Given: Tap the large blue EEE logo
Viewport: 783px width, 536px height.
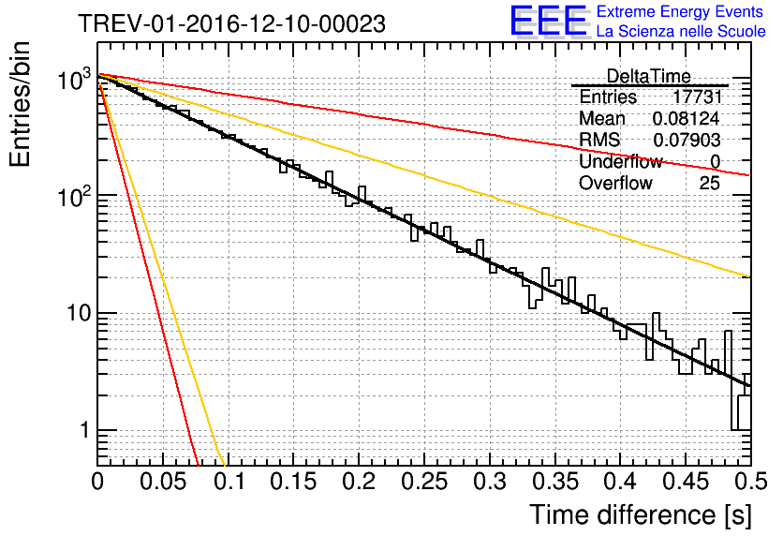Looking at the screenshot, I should point(548,22).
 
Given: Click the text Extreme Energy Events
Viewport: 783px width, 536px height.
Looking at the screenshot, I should point(680,12).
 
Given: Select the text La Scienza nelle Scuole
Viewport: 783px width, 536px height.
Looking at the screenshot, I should point(680,32).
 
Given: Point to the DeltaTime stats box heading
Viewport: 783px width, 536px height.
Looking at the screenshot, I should point(649,76).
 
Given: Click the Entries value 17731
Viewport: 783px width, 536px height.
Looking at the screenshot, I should point(696,97).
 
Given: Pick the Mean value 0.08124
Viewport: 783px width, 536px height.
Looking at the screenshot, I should point(686,119).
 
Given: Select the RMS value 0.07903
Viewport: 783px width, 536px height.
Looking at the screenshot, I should point(686,141).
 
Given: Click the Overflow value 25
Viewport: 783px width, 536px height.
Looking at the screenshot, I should point(709,184).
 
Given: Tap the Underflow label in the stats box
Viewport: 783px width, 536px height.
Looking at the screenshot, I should point(620,162).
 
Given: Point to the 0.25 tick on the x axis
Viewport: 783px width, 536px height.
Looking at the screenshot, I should point(424,483).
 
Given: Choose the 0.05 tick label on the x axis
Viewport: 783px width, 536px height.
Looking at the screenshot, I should point(163,483).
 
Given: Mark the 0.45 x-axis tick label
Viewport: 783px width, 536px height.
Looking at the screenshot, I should point(686,483).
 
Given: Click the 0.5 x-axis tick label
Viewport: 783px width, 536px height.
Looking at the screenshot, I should point(749,483).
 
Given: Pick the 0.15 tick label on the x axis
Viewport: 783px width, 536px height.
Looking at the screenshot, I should point(293,483).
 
